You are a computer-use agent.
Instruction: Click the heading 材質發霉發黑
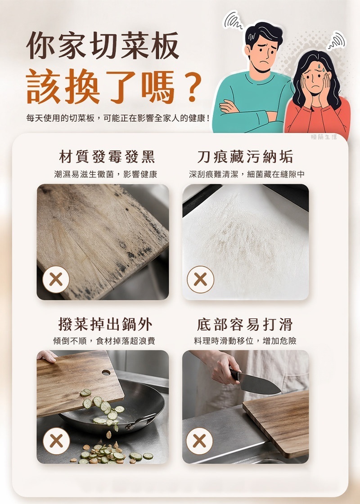coord(107,157)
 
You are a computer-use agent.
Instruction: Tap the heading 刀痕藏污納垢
coord(245,157)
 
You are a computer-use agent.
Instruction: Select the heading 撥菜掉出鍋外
coord(105,324)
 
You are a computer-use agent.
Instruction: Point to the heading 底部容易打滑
coord(245,324)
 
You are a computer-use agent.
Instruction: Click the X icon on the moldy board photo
coord(56,280)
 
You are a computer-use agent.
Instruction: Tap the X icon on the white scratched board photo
coord(200,279)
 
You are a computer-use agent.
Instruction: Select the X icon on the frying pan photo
coord(56,441)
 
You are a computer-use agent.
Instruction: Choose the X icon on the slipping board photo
coord(199,441)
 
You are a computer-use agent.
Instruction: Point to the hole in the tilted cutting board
coord(106,373)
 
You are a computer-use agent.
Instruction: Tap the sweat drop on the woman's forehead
coord(319,67)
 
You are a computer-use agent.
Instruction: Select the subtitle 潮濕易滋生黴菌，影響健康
coord(105,174)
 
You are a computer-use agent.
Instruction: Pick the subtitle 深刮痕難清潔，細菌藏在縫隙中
coord(247,174)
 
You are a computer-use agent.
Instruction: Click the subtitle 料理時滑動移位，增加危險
coord(245,341)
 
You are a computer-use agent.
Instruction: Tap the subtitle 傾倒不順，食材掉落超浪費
coord(104,341)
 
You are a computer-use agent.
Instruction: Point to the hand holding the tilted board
coord(47,356)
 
